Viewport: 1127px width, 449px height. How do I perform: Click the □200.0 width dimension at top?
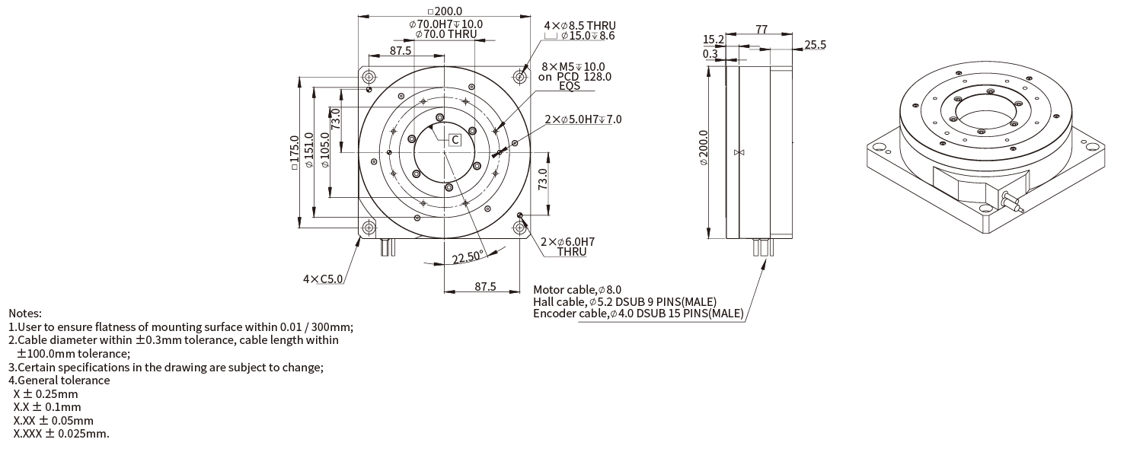click(445, 11)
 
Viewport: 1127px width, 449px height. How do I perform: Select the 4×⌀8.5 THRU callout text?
click(579, 25)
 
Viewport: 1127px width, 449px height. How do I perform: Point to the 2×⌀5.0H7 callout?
click(583, 119)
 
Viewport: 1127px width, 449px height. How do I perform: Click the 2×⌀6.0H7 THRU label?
click(568, 247)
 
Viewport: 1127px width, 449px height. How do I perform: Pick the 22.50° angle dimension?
click(468, 257)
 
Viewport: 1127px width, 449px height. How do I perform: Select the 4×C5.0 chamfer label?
click(323, 279)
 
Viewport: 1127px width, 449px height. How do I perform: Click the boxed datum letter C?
click(455, 140)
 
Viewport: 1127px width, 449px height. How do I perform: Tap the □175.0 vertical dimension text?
click(295, 152)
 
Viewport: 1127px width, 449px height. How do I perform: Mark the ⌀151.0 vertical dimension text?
click(309, 150)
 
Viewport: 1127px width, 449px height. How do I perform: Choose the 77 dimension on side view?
click(761, 29)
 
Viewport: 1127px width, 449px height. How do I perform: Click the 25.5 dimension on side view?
click(815, 45)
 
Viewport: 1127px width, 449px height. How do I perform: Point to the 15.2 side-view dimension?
click(714, 40)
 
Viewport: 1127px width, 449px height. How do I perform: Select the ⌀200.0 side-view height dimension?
click(704, 148)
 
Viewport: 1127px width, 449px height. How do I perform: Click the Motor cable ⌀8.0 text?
click(577, 290)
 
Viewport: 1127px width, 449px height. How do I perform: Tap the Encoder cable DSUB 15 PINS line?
click(638, 314)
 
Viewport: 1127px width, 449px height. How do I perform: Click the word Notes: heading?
click(25, 314)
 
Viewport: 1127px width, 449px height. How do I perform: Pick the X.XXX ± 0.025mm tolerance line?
click(61, 434)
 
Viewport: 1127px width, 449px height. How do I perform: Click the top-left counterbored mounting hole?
click(369, 77)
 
